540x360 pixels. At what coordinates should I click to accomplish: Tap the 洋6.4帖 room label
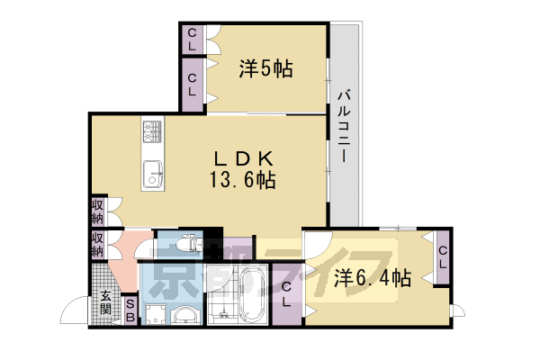[x=373, y=277]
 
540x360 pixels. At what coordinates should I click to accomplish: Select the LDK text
[x=236, y=157]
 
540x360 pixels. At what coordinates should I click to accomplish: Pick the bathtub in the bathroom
[x=249, y=295]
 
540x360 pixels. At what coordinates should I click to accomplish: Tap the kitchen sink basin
[x=150, y=171]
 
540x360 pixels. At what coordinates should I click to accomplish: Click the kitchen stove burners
[x=150, y=134]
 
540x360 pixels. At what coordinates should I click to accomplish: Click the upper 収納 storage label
[x=97, y=213]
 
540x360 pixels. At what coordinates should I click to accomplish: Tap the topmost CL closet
[x=193, y=40]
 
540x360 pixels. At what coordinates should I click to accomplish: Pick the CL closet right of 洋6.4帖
[x=443, y=256]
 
